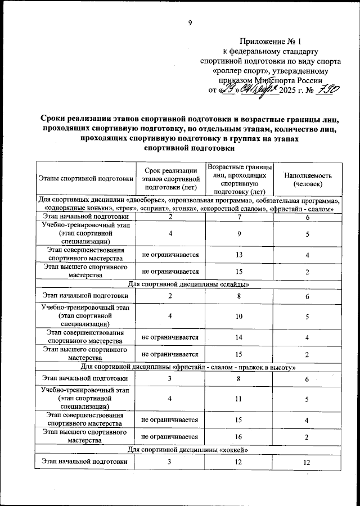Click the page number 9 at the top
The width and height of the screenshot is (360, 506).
(190, 22)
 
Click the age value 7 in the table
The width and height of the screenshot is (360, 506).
(240, 216)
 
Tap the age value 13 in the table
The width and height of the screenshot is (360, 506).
(240, 255)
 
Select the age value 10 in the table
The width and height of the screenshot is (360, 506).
(240, 317)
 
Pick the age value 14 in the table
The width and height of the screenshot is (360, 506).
(240, 337)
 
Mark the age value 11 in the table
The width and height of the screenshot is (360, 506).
(240, 400)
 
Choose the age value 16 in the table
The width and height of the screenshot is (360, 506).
(240, 437)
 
